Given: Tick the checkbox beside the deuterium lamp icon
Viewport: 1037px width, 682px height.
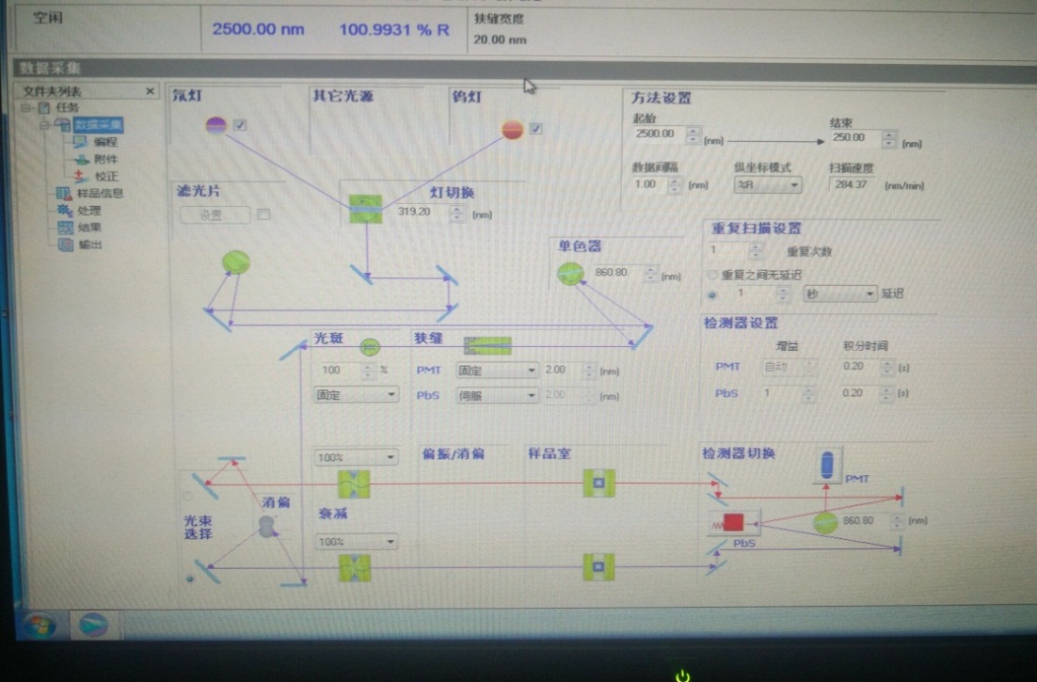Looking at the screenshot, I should (x=240, y=125).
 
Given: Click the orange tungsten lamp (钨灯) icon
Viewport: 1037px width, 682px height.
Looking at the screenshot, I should (x=512, y=129).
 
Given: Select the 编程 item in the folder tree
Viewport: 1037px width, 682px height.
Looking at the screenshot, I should (x=104, y=142).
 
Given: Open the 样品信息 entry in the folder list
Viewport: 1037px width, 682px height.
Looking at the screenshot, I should (x=99, y=194).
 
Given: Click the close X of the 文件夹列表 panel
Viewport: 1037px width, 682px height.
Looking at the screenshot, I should (x=150, y=91).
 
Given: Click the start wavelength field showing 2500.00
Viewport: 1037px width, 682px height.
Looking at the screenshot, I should (x=659, y=135).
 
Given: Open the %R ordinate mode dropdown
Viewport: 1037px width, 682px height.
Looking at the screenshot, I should (x=767, y=184).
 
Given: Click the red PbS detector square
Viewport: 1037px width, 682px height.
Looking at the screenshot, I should (x=733, y=523).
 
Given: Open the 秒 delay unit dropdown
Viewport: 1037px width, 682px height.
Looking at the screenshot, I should (x=838, y=293).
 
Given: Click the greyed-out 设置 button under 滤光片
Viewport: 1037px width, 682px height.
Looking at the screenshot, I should (x=215, y=214).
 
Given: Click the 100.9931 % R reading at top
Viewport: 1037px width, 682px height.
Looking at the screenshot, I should (x=394, y=29).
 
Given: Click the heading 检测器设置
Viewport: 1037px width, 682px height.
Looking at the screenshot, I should (x=741, y=323).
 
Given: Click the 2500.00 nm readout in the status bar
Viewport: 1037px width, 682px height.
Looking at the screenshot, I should (x=258, y=29).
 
